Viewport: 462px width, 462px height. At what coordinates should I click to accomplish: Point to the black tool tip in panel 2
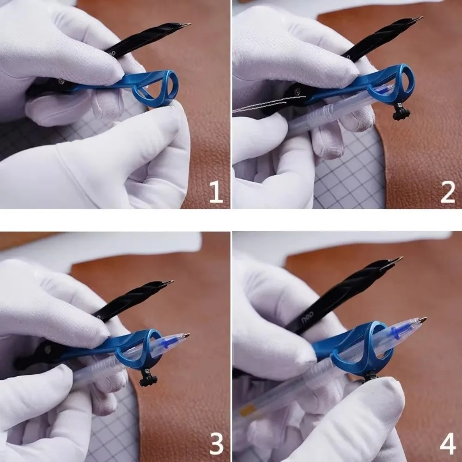click(x=418, y=19)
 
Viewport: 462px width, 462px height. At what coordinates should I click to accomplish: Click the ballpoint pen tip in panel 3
click(x=187, y=335)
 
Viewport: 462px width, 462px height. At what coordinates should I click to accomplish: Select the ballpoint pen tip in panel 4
click(x=422, y=319)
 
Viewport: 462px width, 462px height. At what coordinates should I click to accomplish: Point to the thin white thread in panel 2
click(x=259, y=106)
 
